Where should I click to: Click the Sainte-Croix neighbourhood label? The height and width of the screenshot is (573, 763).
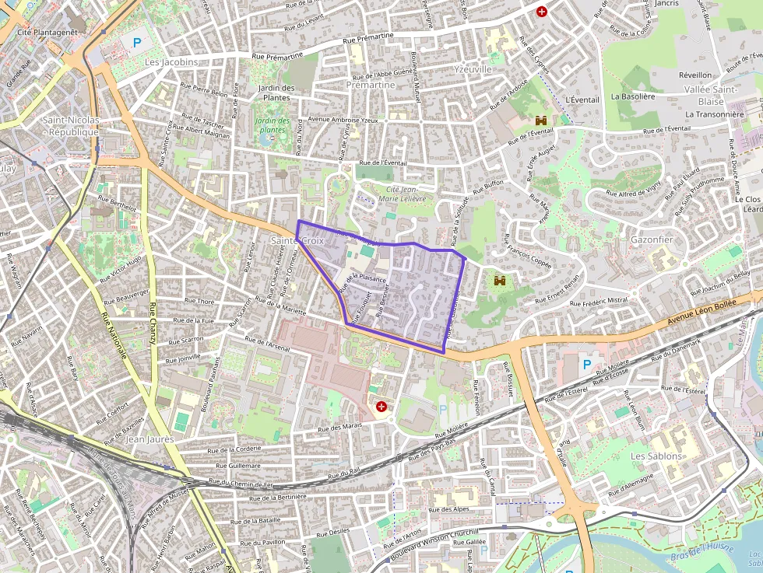tap(297, 241)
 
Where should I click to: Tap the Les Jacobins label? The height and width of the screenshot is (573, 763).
tap(171, 61)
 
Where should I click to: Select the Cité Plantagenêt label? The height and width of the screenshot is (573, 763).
tap(47, 32)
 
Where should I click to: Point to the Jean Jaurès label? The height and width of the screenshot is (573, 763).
tap(149, 439)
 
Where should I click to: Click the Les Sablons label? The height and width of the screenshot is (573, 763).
tap(656, 456)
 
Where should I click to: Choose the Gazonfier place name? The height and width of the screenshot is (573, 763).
tap(652, 239)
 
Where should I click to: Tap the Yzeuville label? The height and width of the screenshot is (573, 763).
tap(472, 69)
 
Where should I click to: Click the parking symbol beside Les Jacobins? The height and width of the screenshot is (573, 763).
tap(138, 42)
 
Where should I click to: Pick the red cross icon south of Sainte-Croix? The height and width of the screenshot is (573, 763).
tap(381, 406)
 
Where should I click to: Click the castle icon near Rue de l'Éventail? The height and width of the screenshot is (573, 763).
tap(540, 121)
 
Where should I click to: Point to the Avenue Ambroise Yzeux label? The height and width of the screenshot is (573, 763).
tap(343, 120)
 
